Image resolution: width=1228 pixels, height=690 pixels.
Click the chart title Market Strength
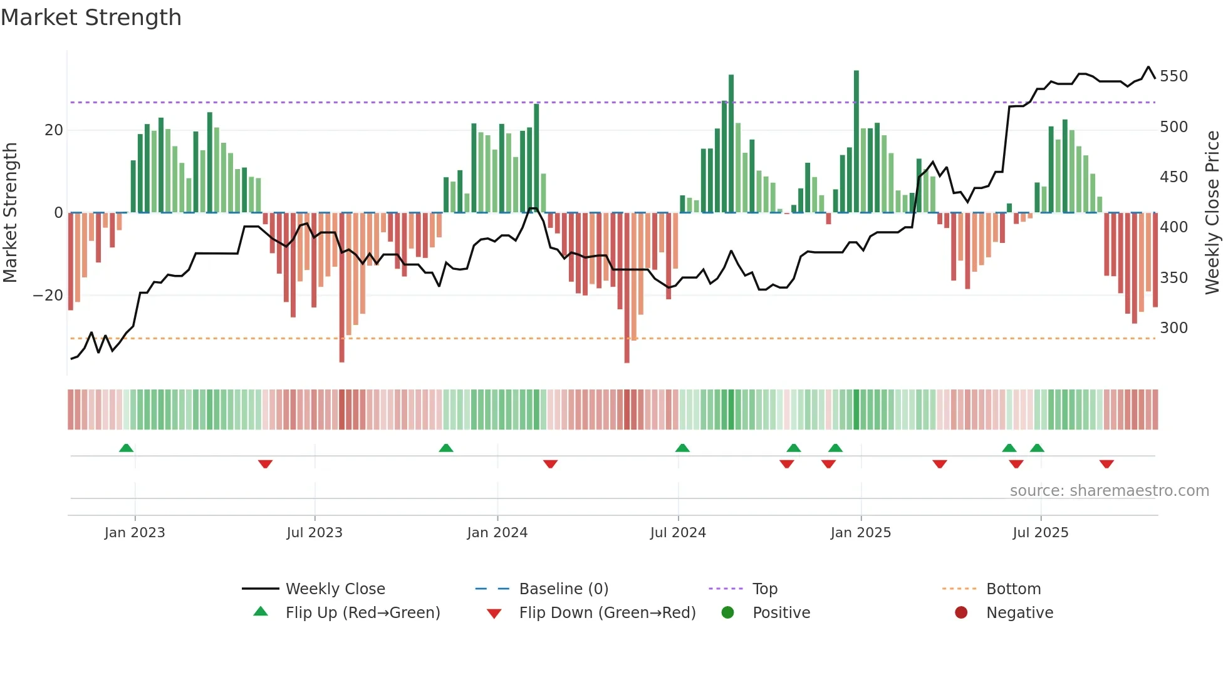click(x=91, y=18)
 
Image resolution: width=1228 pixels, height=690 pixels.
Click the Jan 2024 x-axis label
click(x=497, y=533)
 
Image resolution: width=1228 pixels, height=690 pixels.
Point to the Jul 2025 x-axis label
click(x=1040, y=533)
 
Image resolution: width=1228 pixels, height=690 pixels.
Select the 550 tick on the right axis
click(x=1173, y=76)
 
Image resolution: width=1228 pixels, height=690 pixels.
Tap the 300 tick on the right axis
click(x=1173, y=328)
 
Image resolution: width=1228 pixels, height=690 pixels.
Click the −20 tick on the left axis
click(x=48, y=296)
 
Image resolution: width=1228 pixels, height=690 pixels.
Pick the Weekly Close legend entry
click(x=335, y=589)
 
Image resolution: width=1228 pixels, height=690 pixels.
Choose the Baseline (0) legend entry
click(x=563, y=589)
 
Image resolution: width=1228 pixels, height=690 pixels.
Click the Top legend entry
click(x=764, y=589)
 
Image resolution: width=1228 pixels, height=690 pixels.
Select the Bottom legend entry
click(x=1012, y=589)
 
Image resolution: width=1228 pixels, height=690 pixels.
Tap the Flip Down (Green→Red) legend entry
click(x=606, y=613)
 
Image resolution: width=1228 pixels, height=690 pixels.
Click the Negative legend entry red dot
click(x=961, y=613)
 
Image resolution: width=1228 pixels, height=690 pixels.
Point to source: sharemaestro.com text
click(x=1109, y=491)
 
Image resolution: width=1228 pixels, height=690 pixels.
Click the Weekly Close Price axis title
click(x=1212, y=213)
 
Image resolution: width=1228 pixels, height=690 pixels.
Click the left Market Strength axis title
click(x=11, y=213)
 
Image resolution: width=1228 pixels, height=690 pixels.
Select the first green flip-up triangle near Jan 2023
click(x=126, y=448)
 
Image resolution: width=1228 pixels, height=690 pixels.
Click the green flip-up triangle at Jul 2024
click(x=682, y=448)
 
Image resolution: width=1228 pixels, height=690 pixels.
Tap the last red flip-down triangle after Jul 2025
click(x=1106, y=464)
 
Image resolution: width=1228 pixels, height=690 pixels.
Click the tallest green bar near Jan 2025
click(x=856, y=141)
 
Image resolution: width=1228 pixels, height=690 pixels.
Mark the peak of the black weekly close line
click(x=1148, y=67)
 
